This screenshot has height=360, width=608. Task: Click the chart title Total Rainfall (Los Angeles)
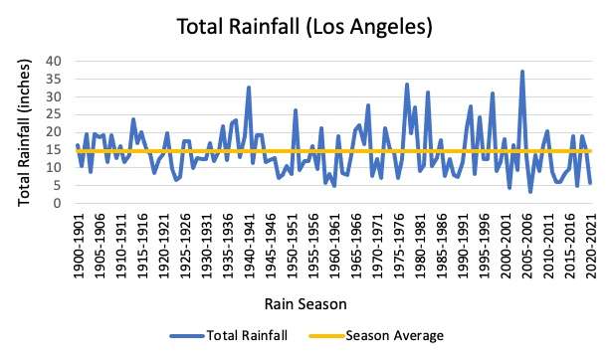(304, 27)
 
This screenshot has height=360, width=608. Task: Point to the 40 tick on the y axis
(54, 61)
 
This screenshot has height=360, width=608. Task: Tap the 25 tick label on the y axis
(54, 114)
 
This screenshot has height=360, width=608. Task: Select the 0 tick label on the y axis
(58, 203)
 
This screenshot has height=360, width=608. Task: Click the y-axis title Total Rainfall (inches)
(24, 132)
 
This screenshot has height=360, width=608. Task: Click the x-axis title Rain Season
(305, 303)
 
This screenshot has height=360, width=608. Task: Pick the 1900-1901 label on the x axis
(79, 246)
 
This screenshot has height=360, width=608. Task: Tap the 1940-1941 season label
(251, 246)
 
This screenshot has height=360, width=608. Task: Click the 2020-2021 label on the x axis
(591, 246)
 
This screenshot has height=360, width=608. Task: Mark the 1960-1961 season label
(336, 246)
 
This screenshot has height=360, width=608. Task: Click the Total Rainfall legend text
(247, 335)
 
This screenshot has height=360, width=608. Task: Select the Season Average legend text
(395, 335)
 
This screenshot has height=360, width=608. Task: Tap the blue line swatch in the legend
(187, 336)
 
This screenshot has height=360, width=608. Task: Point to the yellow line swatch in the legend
(326, 336)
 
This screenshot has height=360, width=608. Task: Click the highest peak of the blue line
(522, 72)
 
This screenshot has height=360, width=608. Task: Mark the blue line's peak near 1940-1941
(249, 87)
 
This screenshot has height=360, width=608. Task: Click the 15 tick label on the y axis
(54, 150)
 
